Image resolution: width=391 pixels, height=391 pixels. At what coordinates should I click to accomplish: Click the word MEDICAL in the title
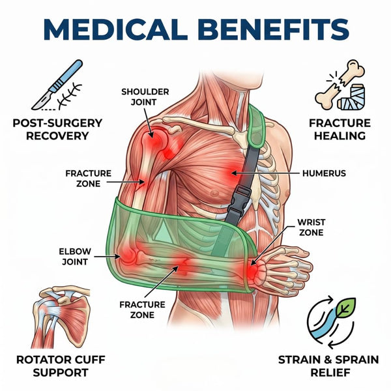(x=115, y=29)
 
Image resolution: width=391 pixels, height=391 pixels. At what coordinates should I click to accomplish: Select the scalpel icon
(x=57, y=84)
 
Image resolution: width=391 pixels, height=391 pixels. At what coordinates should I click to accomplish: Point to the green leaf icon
(x=345, y=307)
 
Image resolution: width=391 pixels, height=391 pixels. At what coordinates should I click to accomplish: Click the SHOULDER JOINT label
(x=145, y=97)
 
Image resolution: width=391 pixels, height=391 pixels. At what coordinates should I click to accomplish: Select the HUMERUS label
(x=324, y=173)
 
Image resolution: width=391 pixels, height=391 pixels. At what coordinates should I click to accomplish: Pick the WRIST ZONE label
(x=311, y=227)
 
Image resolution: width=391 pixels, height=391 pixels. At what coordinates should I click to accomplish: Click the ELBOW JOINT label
(x=75, y=257)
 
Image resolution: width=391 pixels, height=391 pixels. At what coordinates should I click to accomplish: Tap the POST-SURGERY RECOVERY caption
(x=57, y=130)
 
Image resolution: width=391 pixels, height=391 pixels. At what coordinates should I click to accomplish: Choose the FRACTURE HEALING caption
(x=340, y=130)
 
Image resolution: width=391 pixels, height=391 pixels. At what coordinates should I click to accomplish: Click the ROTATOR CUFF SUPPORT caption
(x=61, y=366)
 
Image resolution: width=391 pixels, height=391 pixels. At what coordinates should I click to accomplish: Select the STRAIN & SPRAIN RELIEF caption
(x=328, y=366)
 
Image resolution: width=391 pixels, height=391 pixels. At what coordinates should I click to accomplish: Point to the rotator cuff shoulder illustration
(x=61, y=317)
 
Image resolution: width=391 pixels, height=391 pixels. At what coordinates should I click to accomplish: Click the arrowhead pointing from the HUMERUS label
(x=234, y=173)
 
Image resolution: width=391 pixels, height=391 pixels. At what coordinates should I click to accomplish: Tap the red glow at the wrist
(x=252, y=270)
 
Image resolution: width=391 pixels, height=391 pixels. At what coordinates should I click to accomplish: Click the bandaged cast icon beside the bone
(x=352, y=97)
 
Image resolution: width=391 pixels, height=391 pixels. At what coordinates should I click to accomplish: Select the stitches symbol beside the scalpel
(x=69, y=96)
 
